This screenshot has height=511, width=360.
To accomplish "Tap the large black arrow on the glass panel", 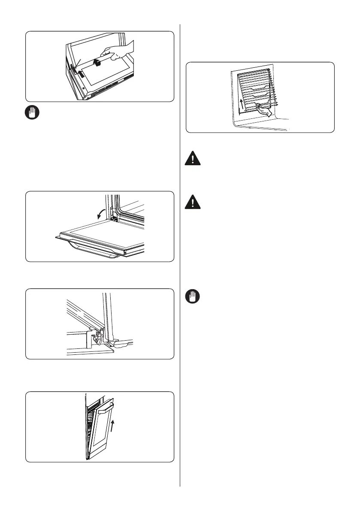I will [98, 63].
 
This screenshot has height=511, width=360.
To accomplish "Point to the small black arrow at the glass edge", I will [81, 72].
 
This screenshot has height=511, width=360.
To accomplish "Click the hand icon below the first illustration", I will [31, 113].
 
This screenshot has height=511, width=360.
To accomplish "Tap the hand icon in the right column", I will [193, 296].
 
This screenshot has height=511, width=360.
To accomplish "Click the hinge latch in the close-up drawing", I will [98, 338].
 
